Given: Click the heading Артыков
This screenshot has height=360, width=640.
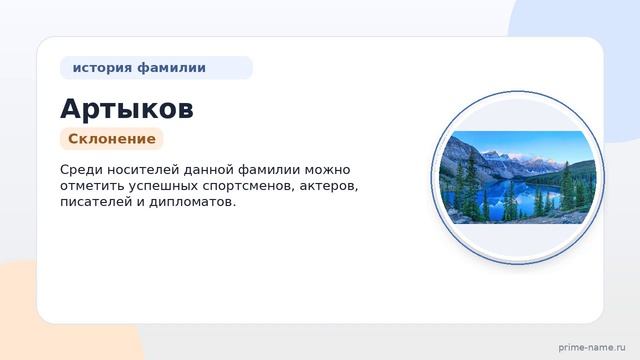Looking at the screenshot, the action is click(127, 109).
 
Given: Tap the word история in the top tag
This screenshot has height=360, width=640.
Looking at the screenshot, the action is click(102, 68).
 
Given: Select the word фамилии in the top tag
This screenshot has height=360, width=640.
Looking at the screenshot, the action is click(171, 68).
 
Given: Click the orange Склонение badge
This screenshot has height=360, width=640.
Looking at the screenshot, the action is click(112, 139).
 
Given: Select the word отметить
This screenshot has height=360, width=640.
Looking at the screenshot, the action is click(92, 186).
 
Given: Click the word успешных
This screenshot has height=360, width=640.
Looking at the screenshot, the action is click(163, 187).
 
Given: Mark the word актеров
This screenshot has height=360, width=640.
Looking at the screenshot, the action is click(329, 187).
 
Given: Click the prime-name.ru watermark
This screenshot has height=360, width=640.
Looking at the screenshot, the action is click(592, 348).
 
